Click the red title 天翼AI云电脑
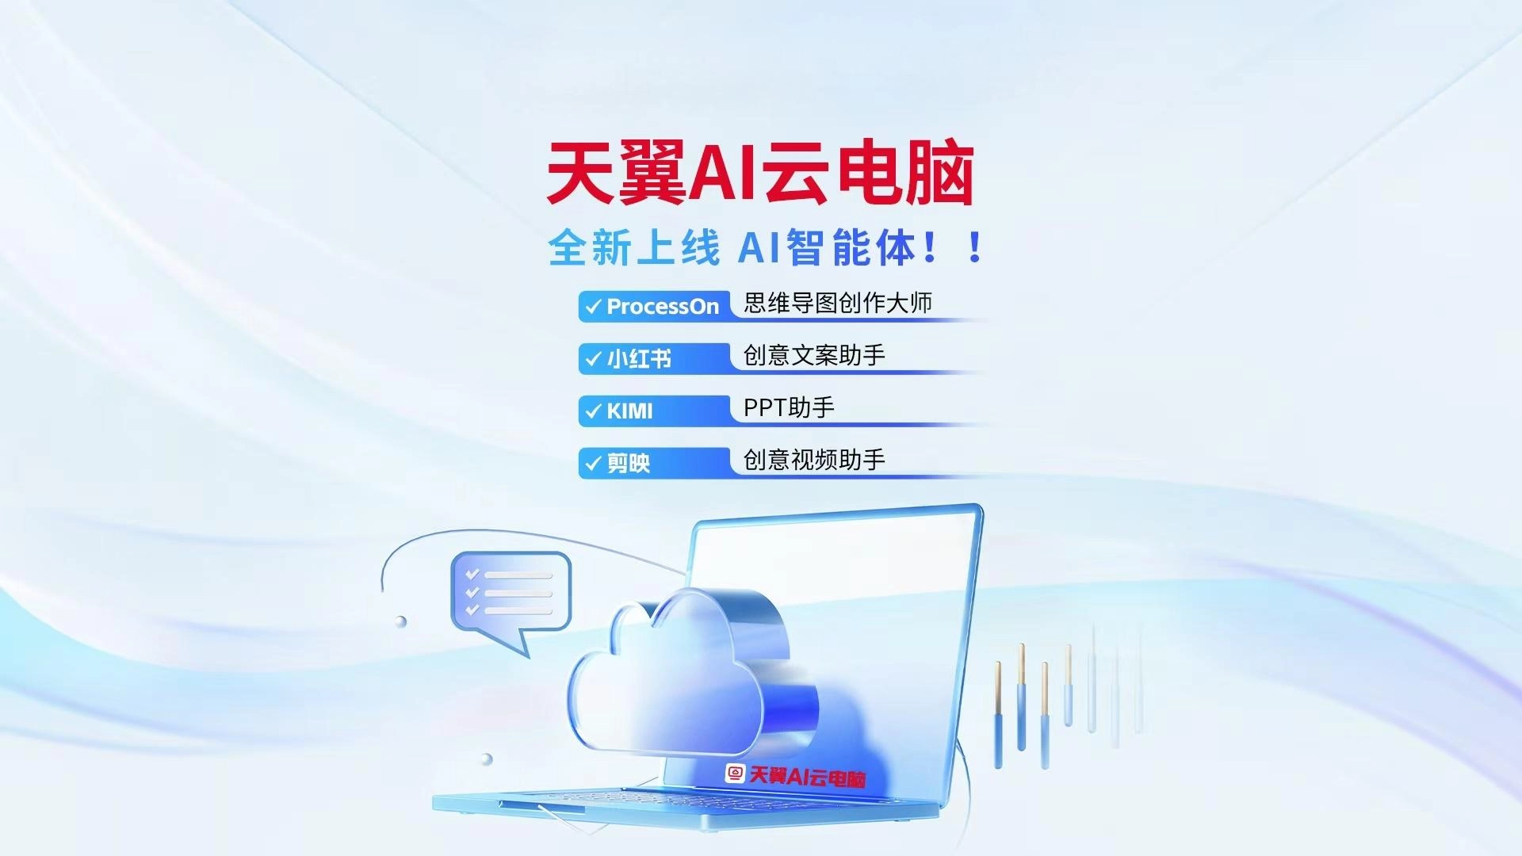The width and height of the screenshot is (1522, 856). pos(759,173)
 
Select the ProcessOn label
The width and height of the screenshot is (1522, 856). pos(663,307)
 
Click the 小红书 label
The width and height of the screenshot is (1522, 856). pos(639,359)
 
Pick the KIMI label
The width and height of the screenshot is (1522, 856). pos(629,411)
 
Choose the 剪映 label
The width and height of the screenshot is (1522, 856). pos(629,463)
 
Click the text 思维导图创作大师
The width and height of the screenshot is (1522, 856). pos(837,303)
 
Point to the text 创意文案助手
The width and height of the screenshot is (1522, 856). pos(814,355)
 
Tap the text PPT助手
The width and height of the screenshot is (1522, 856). pos(789,407)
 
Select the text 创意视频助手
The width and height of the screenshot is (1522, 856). pos(814,460)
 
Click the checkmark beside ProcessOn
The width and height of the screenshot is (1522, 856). pos(593,307)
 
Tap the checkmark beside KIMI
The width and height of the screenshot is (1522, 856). pos(593,411)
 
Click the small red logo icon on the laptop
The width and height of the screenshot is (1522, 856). pos(736,774)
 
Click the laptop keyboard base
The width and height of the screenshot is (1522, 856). pos(682,804)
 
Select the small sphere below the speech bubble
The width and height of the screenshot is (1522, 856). pos(401,621)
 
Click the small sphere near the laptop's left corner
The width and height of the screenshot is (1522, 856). pos(487,759)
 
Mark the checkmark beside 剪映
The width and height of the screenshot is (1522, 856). pos(593,463)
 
